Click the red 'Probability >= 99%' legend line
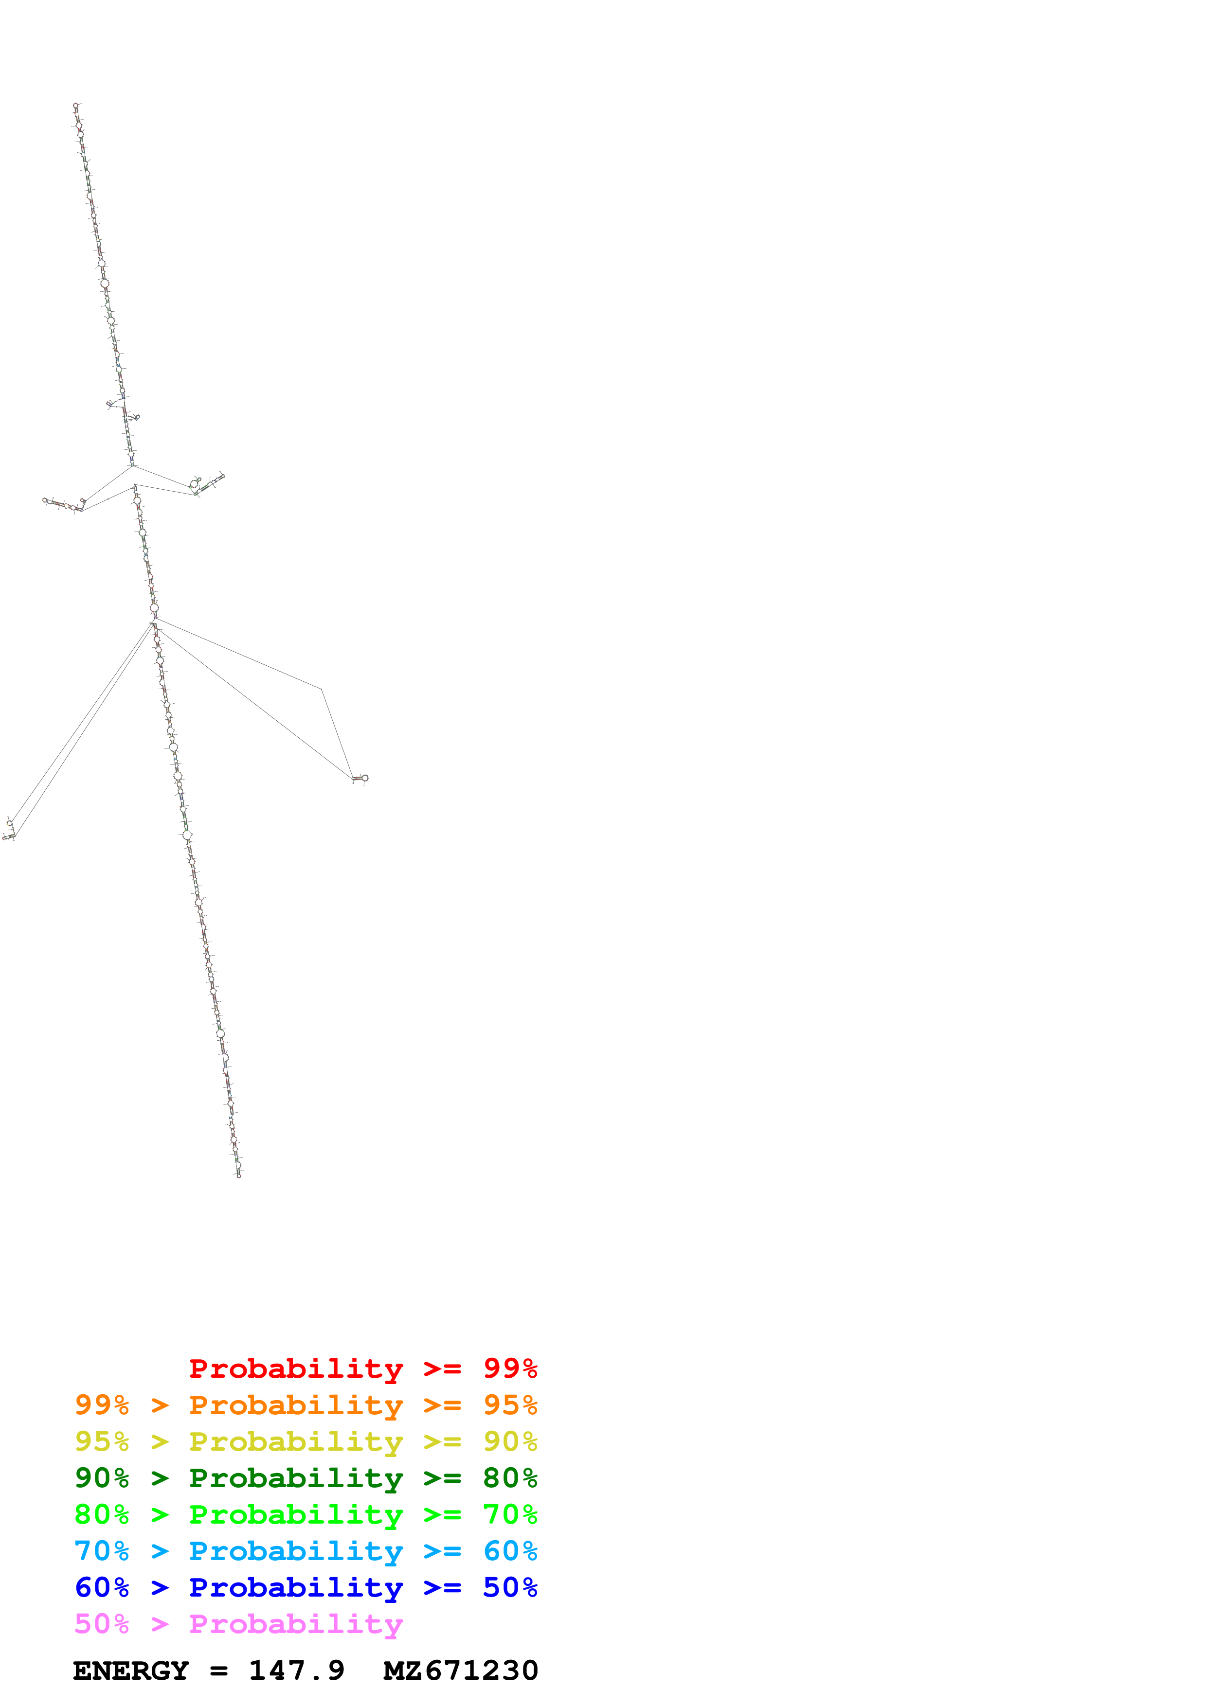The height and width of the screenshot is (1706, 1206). (362, 1368)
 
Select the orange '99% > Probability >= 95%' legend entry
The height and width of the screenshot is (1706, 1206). (306, 1405)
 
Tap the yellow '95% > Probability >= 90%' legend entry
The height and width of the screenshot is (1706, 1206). (306, 1441)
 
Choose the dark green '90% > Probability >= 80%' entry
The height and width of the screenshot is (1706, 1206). (306, 1478)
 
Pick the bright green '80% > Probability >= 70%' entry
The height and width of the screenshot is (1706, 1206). (306, 1514)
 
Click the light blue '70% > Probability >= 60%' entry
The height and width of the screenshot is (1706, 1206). (306, 1551)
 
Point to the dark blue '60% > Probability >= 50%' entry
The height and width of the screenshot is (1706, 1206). (306, 1587)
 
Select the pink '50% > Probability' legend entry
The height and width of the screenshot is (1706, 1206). (238, 1623)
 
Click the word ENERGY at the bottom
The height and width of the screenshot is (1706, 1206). (131, 1670)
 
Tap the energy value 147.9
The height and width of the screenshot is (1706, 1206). (296, 1670)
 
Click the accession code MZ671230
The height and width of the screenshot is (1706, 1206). (461, 1670)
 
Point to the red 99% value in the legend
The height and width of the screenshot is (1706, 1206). (510, 1368)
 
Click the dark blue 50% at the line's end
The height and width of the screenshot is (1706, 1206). (510, 1587)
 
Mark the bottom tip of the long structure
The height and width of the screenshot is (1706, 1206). (238, 1175)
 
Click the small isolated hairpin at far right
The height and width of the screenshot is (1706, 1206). (360, 778)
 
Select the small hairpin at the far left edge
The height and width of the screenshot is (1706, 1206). (9, 831)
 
